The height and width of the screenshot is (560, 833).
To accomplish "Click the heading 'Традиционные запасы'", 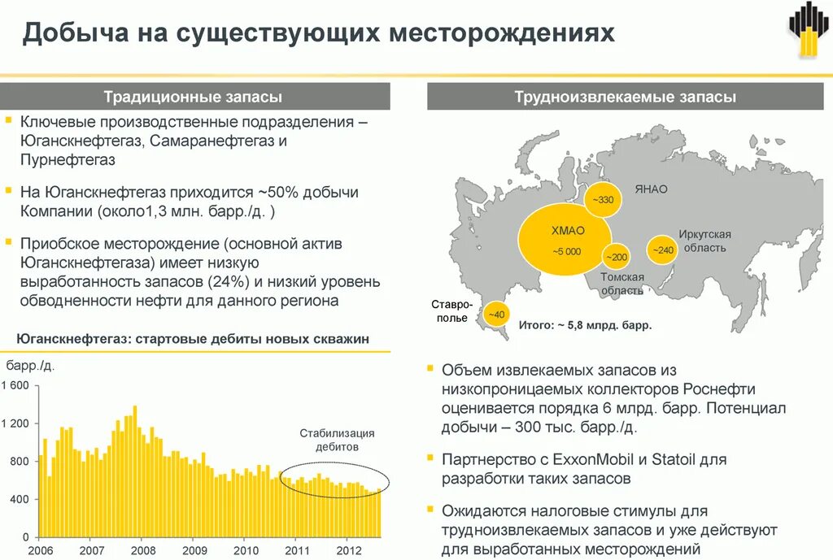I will [x=193, y=98].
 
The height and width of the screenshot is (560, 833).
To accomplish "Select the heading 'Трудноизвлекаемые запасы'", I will [x=625, y=98].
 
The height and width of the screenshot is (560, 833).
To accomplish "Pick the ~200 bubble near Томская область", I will [x=615, y=257].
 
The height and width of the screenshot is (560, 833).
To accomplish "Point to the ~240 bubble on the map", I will [x=661, y=250].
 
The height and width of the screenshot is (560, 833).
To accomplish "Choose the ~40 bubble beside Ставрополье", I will [x=495, y=315].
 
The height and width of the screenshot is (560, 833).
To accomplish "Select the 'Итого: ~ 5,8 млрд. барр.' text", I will [x=585, y=324].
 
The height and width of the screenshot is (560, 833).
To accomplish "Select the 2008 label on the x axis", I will [x=143, y=549].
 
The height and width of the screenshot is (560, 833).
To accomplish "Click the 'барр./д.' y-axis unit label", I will [x=31, y=367].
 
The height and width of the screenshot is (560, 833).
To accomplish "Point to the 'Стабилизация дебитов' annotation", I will [x=337, y=440].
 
